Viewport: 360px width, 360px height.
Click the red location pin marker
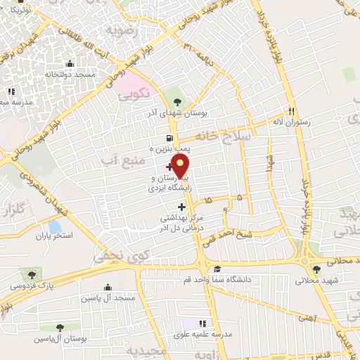[x=181, y=166]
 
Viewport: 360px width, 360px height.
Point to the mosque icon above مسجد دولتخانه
[x=67, y=63]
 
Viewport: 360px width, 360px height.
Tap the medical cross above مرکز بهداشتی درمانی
[x=182, y=207]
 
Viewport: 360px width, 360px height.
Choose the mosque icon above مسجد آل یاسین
[x=107, y=287]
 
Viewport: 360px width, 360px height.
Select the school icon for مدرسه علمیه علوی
[x=203, y=324]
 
